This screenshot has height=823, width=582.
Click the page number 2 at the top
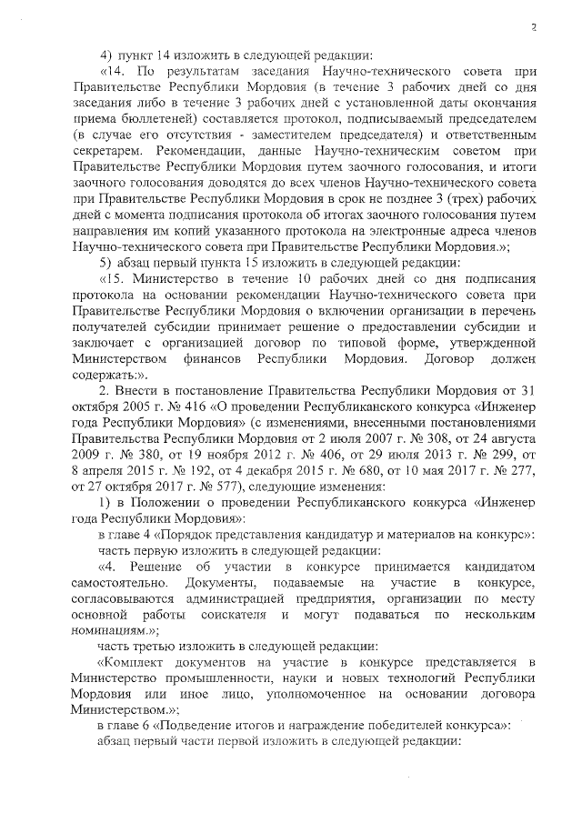[x=535, y=29]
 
